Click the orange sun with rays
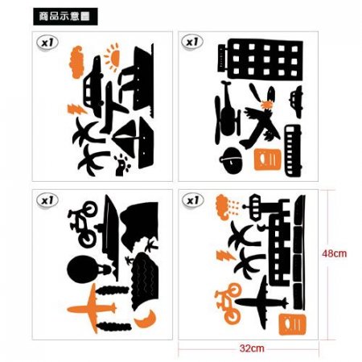113,57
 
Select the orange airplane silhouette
92,308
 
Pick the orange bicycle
228,303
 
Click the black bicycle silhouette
84,224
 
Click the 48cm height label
335,253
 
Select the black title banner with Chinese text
65,17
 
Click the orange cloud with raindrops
227,207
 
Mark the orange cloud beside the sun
76,62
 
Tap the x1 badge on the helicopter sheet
192,42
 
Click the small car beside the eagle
296,101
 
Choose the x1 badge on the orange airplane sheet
47,200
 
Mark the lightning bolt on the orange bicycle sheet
226,255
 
